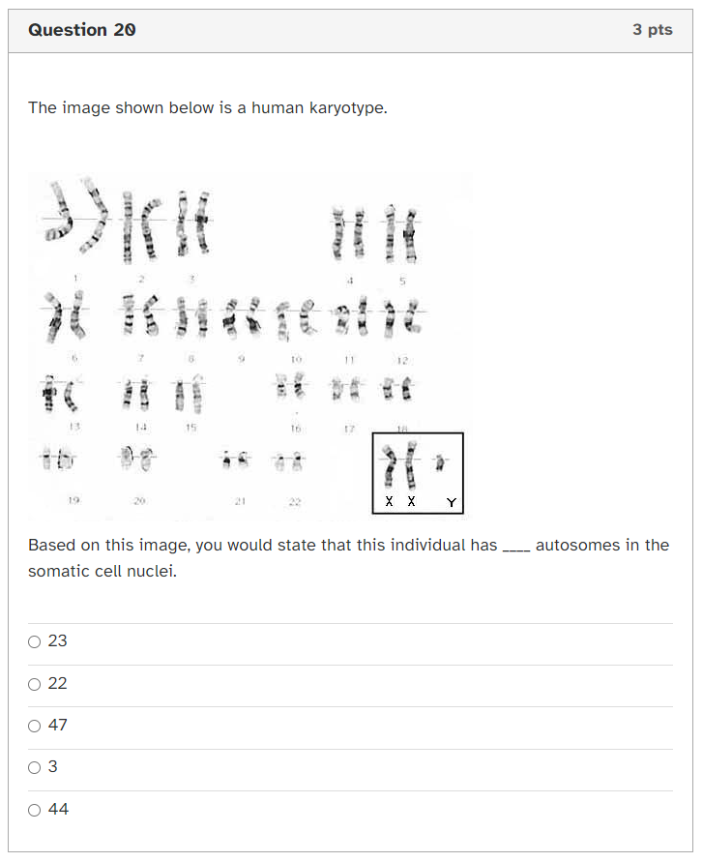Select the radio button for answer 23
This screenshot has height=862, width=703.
[35, 641]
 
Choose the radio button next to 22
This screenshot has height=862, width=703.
[35, 684]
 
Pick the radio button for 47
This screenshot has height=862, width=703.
[35, 726]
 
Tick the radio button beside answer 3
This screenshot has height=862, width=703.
[35, 767]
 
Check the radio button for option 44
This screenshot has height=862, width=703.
[35, 810]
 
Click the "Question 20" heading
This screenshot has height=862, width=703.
[82, 30]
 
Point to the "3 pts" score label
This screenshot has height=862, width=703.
[653, 30]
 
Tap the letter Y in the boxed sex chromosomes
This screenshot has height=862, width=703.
[451, 503]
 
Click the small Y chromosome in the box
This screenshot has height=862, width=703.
[440, 463]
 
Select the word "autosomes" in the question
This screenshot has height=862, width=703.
[577, 545]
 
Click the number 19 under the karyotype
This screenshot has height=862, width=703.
[73, 500]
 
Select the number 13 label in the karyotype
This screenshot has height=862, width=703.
[72, 426]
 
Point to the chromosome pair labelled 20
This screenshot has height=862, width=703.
[136, 458]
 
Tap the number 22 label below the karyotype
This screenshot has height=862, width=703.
[294, 502]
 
